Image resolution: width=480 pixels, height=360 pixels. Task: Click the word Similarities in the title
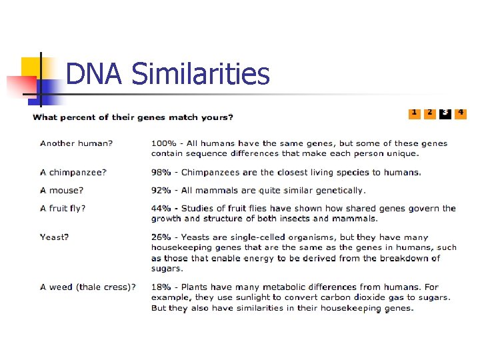(x=201, y=73)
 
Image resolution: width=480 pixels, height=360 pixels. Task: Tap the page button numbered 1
(x=414, y=113)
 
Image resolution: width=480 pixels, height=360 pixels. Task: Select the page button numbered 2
(x=430, y=113)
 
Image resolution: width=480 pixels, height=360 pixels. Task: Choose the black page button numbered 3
(x=445, y=113)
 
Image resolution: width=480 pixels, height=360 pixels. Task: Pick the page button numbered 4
(x=461, y=113)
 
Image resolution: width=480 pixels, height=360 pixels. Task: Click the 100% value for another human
(x=163, y=143)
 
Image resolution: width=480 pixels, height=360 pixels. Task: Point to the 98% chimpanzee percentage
(x=160, y=172)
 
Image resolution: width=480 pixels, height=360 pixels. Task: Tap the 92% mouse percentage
(x=160, y=190)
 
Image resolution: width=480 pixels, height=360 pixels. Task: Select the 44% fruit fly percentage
(x=160, y=208)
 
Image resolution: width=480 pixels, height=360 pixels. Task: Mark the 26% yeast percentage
(x=160, y=237)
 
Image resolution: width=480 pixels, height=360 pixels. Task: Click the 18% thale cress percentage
(x=160, y=287)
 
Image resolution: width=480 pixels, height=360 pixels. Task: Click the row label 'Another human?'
(x=76, y=143)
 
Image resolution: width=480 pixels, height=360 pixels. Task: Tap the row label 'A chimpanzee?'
(x=73, y=172)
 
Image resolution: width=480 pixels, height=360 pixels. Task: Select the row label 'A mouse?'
(x=62, y=190)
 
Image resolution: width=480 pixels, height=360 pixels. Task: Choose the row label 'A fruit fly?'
(x=63, y=208)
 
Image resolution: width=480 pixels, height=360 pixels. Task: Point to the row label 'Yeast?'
(x=55, y=237)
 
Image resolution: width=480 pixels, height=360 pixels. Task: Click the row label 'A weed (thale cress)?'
(x=87, y=287)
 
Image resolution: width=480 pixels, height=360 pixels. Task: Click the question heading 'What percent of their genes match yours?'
(x=133, y=118)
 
